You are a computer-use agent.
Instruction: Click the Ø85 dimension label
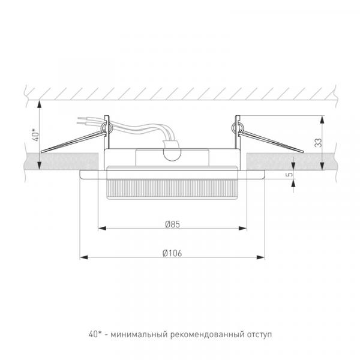coord(172,224)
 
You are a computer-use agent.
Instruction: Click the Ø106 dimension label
coord(172,253)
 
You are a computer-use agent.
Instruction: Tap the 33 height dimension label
coord(319,143)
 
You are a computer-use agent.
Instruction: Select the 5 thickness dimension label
coord(290,174)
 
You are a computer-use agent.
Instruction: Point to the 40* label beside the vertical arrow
coord(35,135)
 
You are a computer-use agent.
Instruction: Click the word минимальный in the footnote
coord(139,335)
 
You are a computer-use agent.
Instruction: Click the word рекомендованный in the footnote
coord(207,335)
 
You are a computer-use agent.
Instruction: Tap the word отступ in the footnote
coord(259,335)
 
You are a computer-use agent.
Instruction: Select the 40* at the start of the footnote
coord(95,334)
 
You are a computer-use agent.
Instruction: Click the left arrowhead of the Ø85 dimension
coord(102,228)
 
